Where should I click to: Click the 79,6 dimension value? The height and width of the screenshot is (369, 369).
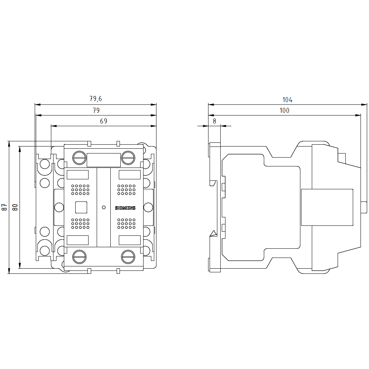(96, 99)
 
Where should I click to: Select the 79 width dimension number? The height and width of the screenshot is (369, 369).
(96, 110)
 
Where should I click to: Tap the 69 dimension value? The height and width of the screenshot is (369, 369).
(104, 121)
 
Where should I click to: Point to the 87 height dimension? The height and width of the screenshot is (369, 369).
(4, 207)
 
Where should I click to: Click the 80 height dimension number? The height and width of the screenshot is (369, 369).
(15, 207)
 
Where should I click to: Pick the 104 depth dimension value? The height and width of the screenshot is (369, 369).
(287, 100)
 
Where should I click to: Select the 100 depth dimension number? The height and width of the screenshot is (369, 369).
(284, 110)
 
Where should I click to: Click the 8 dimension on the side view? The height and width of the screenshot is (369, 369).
(214, 121)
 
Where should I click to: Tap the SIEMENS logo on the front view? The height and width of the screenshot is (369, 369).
(125, 208)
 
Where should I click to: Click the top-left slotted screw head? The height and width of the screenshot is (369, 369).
(79, 158)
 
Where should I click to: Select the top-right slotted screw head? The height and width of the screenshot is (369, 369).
(128, 158)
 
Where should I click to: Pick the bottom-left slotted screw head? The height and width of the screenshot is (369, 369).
(79, 257)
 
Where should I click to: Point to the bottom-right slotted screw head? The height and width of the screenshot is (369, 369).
(128, 257)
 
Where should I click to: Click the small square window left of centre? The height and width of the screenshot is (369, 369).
(81, 207)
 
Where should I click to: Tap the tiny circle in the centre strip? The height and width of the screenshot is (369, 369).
(104, 207)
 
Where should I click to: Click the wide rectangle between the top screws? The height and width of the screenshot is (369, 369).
(104, 160)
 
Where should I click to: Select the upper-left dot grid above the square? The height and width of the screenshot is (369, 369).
(80, 190)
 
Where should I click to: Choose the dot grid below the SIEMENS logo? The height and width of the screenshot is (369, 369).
(126, 224)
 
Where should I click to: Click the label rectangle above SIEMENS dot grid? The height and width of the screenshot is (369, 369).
(130, 175)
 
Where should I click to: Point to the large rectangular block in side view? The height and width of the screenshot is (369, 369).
(327, 207)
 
